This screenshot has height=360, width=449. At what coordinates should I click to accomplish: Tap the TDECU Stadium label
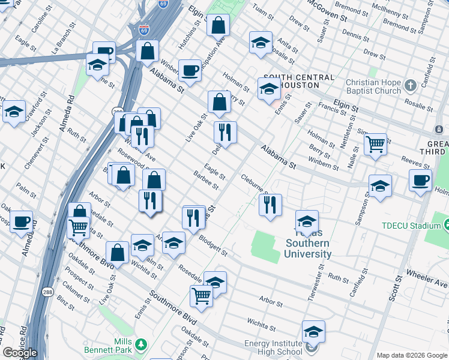(x=411, y=226)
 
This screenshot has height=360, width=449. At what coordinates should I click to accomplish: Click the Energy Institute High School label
(x=273, y=347)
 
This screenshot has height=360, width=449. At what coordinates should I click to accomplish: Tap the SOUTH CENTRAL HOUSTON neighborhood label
(x=299, y=81)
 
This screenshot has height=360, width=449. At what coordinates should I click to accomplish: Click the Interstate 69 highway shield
(x=144, y=28)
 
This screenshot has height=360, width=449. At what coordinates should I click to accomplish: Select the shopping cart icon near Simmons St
(x=375, y=144)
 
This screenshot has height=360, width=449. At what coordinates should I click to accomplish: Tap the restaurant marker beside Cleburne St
(x=270, y=205)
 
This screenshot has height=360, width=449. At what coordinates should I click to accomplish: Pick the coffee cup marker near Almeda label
(x=22, y=221)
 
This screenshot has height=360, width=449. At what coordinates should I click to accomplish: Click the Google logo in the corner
(x=19, y=353)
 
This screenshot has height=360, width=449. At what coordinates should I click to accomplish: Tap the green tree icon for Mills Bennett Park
(x=140, y=344)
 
